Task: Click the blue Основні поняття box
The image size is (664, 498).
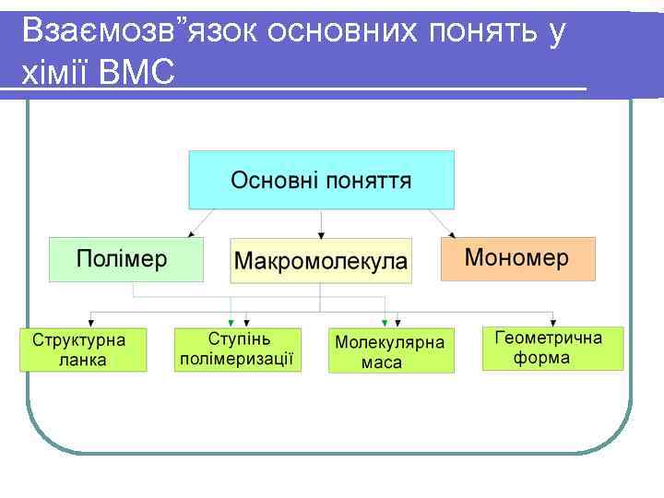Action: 321,180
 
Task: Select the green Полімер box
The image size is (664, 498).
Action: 125,259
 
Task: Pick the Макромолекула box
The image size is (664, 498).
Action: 320,260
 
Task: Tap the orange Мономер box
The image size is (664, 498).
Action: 517,258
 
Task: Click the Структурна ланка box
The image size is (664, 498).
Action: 83,349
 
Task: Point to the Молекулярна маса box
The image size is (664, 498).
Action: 391,350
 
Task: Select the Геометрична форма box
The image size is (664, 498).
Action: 552,348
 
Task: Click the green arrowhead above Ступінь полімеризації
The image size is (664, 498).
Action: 231,319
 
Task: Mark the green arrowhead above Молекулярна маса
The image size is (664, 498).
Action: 385,321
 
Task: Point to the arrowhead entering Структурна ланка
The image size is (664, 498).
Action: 90,319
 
